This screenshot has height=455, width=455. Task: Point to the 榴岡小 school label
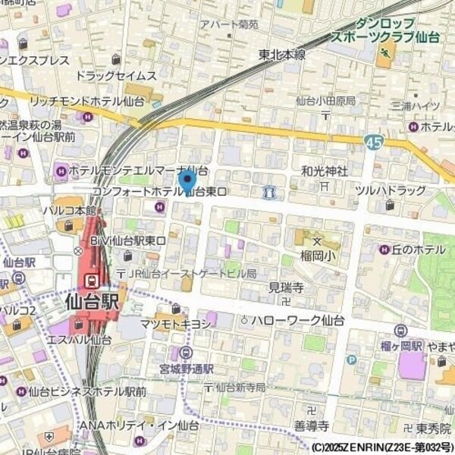pos(316,253)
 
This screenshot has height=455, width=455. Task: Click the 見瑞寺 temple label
pos(286,287)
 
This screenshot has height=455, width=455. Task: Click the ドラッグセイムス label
pos(116,76)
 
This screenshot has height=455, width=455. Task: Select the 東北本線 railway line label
pos(282,55)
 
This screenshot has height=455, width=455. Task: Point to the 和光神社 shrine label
pos(324,171)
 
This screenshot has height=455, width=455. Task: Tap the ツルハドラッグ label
pos(390,190)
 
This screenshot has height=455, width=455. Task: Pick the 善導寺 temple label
pos(310,425)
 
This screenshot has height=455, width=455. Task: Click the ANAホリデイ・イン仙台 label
pos(139,425)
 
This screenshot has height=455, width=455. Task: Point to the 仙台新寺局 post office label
pos(240,388)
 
